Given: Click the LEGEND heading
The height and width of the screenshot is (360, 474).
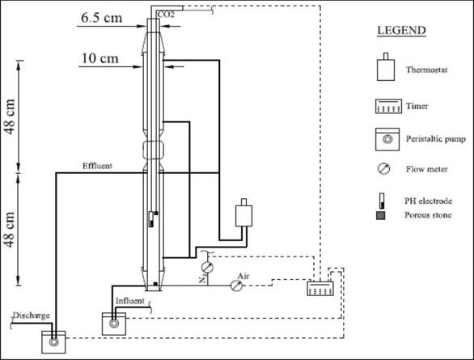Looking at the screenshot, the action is coord(401,30).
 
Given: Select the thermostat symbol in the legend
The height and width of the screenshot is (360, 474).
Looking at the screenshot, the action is coord(386,67).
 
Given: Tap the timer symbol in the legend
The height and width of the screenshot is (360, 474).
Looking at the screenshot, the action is coord(388,106).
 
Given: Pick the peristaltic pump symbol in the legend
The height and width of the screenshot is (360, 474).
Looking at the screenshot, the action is coord(387,139).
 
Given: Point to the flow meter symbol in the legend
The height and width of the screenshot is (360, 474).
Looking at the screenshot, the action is coord(384,168).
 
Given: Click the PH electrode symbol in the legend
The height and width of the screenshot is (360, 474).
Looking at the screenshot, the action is coord(382,201).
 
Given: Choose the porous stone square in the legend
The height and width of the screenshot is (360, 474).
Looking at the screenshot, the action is coord(381,215).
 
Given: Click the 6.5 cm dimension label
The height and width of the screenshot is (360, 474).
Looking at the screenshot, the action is coord(102,18).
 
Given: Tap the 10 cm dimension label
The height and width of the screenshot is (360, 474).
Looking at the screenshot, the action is coord(100,58).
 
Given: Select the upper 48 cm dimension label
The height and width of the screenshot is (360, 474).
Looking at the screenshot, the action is coord(10,116).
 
